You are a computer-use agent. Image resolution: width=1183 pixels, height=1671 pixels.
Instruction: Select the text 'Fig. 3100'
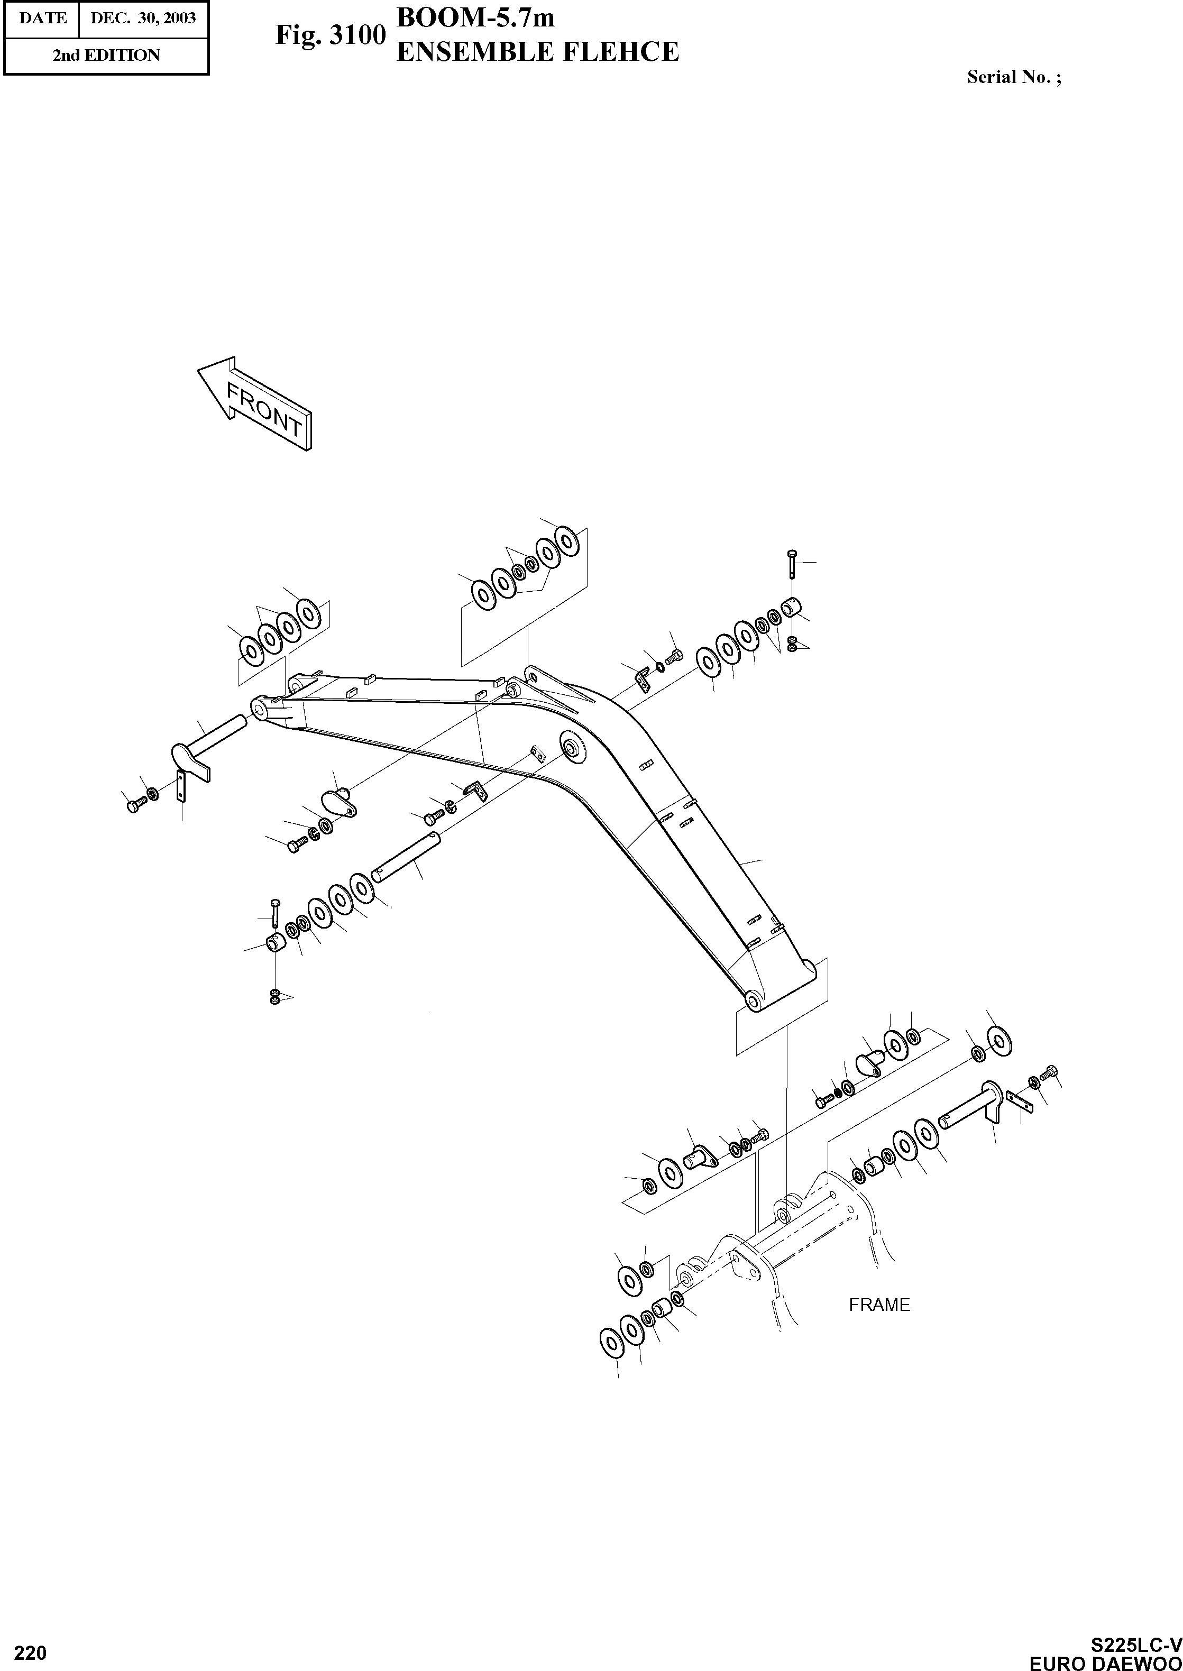[x=329, y=35]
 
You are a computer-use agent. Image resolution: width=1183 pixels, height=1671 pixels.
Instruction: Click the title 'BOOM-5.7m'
[x=475, y=17]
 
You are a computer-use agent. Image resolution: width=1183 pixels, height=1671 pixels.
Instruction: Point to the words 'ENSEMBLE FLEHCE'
[x=537, y=52]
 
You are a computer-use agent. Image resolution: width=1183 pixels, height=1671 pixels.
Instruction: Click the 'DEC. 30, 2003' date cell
[x=143, y=18]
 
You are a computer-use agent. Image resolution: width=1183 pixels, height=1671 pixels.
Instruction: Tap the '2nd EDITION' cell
[x=106, y=56]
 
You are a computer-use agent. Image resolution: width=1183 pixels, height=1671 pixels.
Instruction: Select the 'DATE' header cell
[x=42, y=18]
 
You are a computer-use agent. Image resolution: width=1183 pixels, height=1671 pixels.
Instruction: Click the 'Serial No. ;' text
[x=1013, y=77]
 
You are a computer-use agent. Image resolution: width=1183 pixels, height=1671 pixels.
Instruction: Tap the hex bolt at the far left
[x=134, y=805]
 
